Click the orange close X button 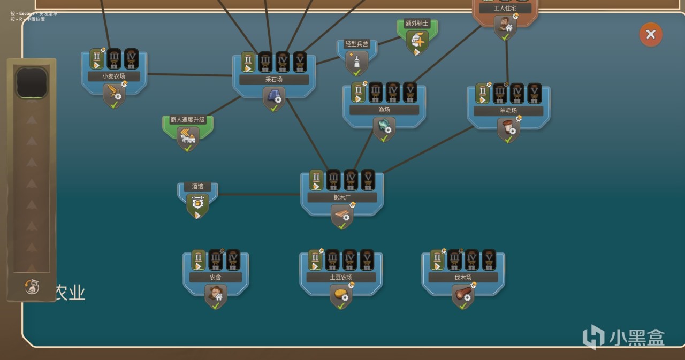[651, 35]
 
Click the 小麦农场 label [113, 76]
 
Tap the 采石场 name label [273, 80]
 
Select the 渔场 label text [384, 110]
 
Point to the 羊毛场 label [508, 111]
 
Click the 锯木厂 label [341, 197]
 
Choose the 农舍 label [215, 277]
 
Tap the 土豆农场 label [341, 278]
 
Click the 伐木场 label [463, 278]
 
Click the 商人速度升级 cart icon [187, 139]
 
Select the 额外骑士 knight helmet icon [417, 41]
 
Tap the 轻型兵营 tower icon [356, 63]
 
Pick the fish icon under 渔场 [384, 127]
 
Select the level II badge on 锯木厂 [316, 180]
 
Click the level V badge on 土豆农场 [367, 259]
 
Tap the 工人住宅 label [505, 9]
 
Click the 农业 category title [70, 293]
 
